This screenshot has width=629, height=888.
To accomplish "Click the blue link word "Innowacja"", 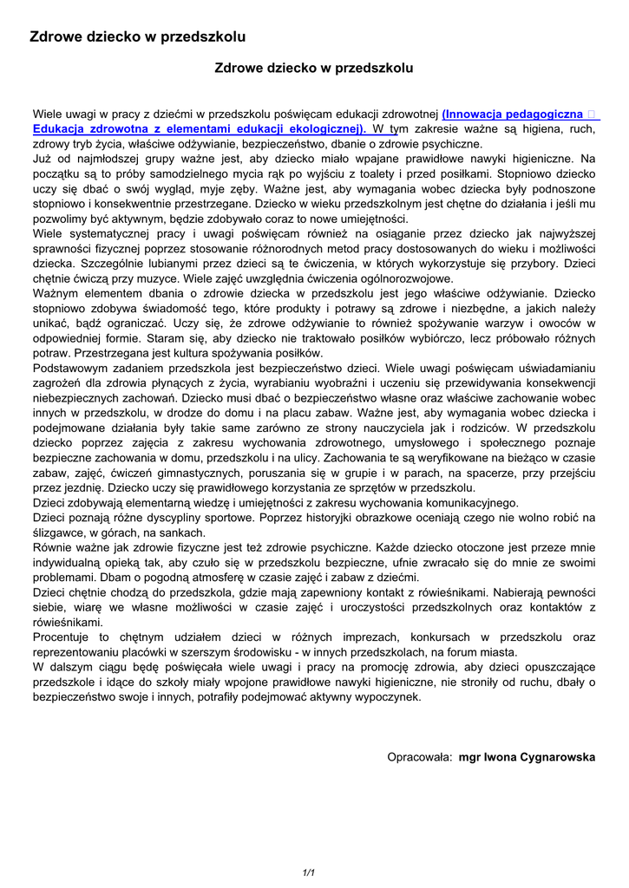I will point(475,114).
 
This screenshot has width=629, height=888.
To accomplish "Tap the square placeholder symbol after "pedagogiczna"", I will point(591,114).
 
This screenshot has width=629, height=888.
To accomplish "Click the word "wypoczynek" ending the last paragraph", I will point(389,696).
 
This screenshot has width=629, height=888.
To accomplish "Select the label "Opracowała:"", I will point(419,757).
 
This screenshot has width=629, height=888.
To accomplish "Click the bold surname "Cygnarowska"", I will point(559,757).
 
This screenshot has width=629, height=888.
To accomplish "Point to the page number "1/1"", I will point(308,872).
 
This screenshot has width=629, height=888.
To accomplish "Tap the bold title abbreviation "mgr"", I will point(471,757).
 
